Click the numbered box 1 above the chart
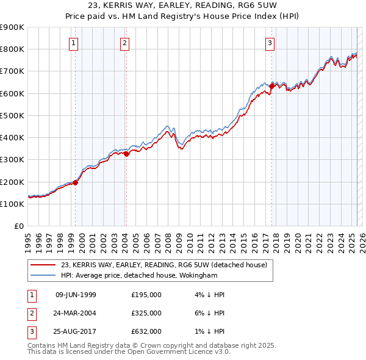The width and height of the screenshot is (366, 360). coord(73,43)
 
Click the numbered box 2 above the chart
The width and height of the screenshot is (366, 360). coord(124,43)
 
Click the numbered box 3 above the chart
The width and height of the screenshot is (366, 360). coord(269,43)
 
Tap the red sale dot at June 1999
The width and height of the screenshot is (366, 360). coord(76,182)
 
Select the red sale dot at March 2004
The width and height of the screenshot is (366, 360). coord(127,154)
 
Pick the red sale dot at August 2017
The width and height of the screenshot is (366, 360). coord(271,86)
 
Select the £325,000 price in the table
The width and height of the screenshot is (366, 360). coord(146,313)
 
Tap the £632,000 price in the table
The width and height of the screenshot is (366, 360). coord(146,331)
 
